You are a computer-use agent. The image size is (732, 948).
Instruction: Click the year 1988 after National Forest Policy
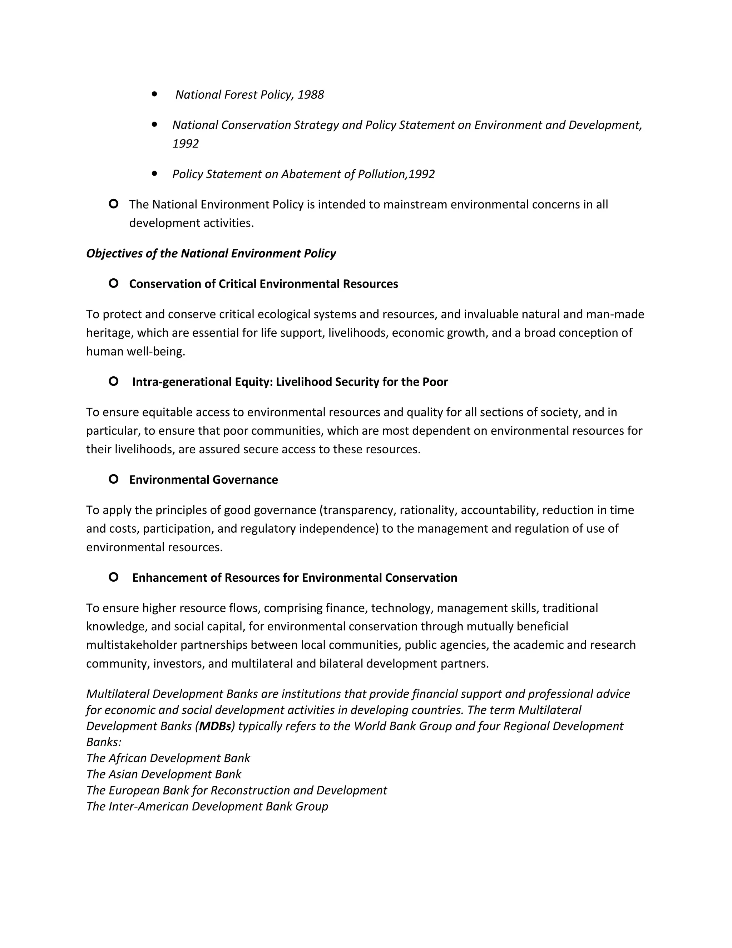[x=311, y=95]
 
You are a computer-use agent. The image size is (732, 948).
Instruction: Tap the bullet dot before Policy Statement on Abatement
[x=154, y=173]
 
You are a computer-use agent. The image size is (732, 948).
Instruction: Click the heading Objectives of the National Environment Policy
[x=211, y=254]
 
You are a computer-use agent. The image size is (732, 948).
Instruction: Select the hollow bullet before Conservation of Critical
[x=113, y=283]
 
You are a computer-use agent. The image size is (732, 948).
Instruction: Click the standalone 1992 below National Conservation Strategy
[x=185, y=144]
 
